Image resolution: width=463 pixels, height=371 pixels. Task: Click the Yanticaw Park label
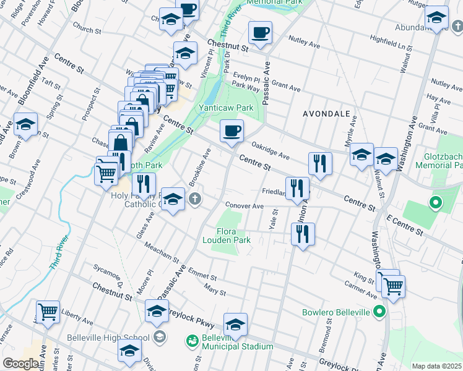[226, 108]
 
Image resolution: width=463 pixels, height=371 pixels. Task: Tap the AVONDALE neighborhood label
[326, 114]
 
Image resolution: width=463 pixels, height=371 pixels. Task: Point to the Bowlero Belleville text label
[335, 312]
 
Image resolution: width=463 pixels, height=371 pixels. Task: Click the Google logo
[20, 364]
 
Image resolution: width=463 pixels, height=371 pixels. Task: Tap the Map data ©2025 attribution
[436, 366]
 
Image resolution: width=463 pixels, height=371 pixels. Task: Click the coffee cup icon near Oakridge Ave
[232, 131]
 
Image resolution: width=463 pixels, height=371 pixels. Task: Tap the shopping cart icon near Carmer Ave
[393, 285]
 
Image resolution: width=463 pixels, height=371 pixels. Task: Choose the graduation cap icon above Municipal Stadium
[235, 323]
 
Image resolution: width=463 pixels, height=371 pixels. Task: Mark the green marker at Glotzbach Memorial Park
[435, 202]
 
